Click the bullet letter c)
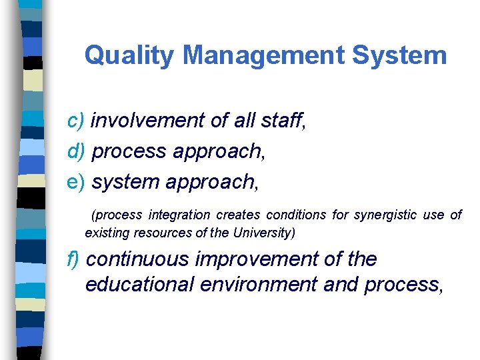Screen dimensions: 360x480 click(x=76, y=121)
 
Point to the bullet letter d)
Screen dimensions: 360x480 click(x=77, y=151)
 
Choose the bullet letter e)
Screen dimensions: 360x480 click(x=77, y=181)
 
